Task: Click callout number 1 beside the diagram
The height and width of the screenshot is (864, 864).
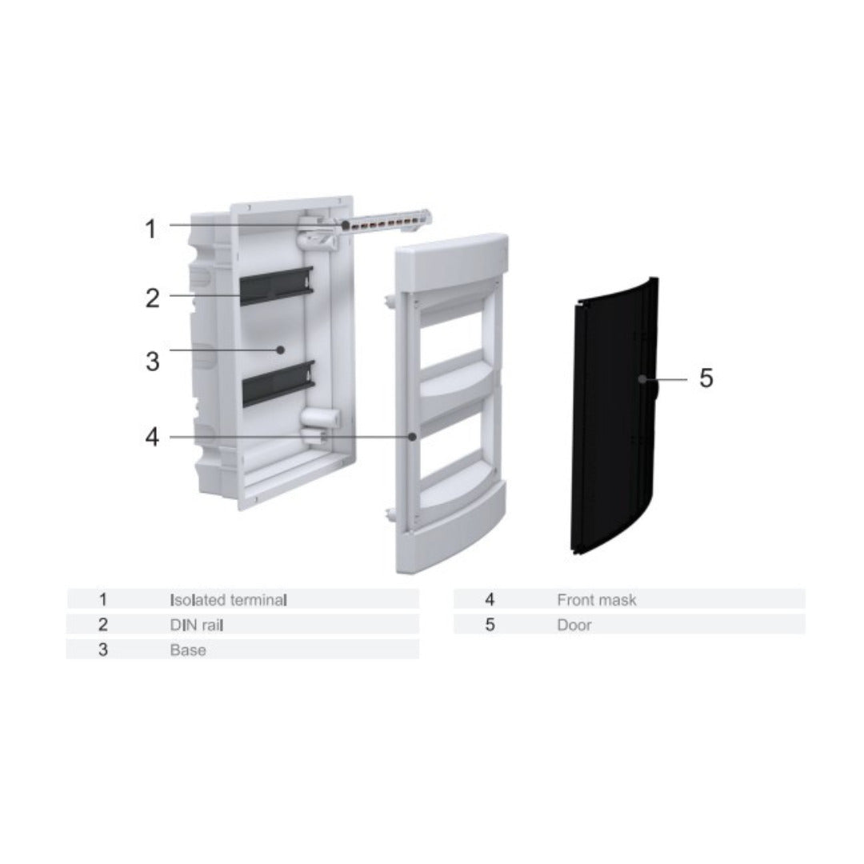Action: point(150,230)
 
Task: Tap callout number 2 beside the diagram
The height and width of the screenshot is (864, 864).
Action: point(153,298)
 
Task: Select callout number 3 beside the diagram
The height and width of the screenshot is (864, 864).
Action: point(153,362)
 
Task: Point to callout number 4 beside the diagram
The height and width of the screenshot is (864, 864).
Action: point(152,437)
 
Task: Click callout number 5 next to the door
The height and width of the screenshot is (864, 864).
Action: point(706,378)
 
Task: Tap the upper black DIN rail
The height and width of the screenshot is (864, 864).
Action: point(277,286)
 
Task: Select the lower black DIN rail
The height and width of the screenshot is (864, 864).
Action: point(278,384)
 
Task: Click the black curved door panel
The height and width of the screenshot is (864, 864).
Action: point(614,416)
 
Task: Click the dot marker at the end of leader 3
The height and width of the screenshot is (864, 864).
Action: point(281,350)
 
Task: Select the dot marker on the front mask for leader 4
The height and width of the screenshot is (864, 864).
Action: point(412,437)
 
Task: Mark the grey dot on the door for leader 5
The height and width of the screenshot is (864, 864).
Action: point(642,379)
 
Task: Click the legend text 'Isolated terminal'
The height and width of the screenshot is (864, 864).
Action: point(229,599)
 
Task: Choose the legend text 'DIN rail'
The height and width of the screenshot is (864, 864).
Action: point(197,625)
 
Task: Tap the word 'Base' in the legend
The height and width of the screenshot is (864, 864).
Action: point(188,650)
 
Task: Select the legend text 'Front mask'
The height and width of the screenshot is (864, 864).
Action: point(597,599)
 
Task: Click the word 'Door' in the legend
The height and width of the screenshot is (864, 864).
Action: point(574,625)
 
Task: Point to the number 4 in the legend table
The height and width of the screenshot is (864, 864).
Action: point(490,599)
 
